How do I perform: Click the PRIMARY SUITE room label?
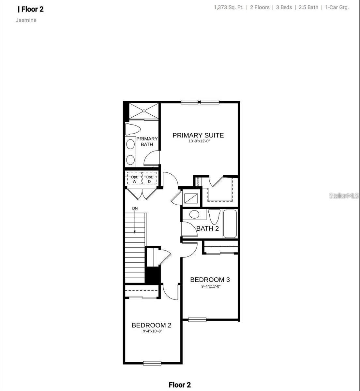point(198,135)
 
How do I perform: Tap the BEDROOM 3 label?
point(210,280)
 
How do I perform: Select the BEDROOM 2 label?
point(151,325)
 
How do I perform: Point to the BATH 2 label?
point(207,228)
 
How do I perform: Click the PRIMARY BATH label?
point(147,141)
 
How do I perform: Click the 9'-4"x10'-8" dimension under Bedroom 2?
point(152,331)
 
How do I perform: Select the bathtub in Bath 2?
point(230,224)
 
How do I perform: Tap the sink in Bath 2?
point(195,214)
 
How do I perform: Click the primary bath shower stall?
point(143,111)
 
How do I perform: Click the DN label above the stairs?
point(135,208)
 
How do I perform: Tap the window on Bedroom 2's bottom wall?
point(152,363)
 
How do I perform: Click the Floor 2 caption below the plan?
point(180,385)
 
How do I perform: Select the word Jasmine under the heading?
point(26,20)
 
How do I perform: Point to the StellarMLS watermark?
point(344,195)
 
